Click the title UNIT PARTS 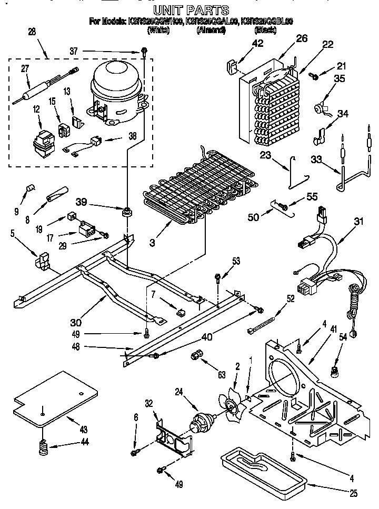pyautogui.click(x=191, y=9)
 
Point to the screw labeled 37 pyautogui.click(x=143, y=52)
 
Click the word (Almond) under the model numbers pyautogui.click(x=211, y=30)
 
